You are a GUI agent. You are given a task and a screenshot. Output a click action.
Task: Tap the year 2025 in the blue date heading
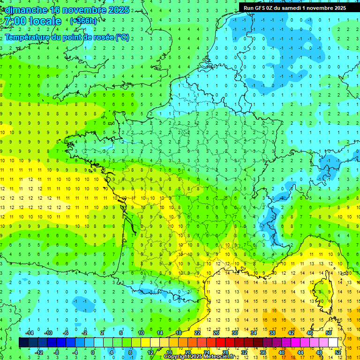point(118,10)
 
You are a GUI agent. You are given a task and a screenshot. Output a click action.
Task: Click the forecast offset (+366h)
point(83,21)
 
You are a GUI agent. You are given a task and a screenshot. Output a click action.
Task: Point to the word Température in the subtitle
point(28,37)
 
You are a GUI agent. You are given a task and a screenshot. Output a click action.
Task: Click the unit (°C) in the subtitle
point(122,37)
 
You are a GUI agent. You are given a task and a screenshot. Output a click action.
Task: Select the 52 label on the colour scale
point(338,352)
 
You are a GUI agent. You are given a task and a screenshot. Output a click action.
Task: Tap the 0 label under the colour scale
point(93,352)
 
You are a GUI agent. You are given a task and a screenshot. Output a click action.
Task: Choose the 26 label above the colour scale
point(216,333)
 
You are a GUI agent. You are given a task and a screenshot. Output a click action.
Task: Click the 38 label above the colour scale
point(272,333)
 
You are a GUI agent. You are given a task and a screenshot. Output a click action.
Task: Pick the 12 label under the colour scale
point(150,352)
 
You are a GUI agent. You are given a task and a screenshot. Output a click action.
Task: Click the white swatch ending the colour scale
point(333,343)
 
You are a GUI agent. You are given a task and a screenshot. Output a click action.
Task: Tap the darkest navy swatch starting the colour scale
point(23,343)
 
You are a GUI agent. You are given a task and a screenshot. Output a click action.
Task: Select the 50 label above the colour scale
point(329,333)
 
